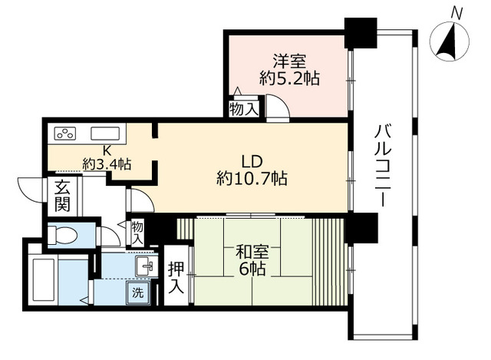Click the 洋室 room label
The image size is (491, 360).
[289, 61]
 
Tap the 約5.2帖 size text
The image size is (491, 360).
[289, 78]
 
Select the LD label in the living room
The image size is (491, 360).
[252, 162]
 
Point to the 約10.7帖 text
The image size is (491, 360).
[252, 179]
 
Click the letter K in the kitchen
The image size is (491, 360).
[107, 151]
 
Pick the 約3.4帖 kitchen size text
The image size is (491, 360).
[107, 164]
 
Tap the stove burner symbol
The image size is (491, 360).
[65, 134]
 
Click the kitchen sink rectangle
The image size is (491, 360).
[105, 134]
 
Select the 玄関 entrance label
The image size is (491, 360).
[62, 197]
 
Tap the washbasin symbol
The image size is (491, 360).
[147, 266]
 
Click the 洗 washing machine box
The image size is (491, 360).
[138, 292]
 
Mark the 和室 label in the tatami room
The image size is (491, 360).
[252, 252]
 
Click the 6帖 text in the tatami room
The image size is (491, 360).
[252, 269]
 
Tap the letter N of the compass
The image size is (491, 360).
[457, 14]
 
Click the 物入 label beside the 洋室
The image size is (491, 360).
[244, 109]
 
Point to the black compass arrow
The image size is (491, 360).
[447, 41]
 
